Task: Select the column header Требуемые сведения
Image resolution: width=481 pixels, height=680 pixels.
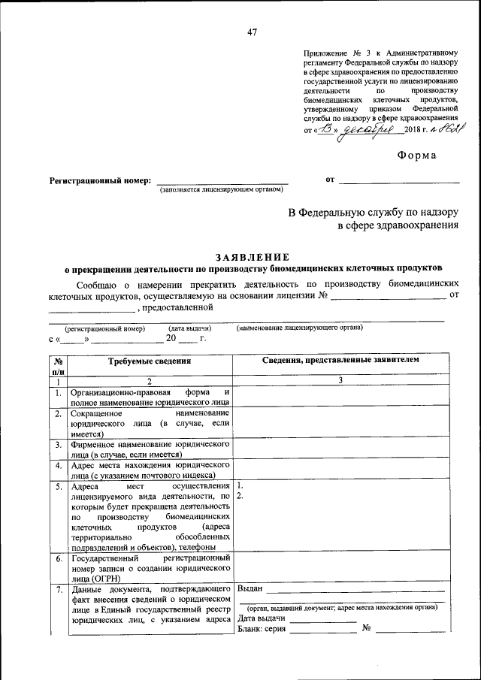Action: click(150, 361)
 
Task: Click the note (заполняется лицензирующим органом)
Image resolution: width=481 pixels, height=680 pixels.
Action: click(222, 191)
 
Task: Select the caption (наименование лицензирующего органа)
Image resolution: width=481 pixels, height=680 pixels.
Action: click(299, 328)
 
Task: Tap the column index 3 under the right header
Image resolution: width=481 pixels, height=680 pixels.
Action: click(340, 381)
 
